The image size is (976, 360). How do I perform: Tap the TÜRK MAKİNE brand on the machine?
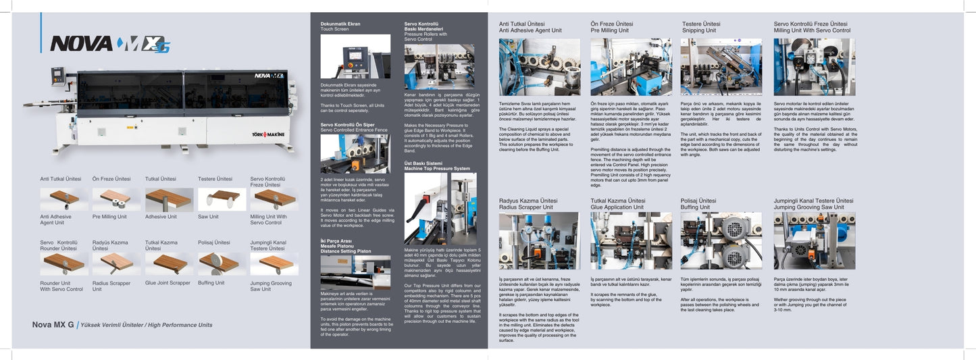269,134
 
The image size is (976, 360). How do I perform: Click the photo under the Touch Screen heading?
355,57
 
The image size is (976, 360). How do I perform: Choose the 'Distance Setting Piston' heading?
345,250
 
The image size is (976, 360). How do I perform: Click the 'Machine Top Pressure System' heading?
437,168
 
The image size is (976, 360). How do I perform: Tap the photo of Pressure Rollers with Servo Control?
439,67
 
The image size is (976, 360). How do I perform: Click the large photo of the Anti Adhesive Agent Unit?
539,66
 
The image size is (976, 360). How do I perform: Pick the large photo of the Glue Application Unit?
631,240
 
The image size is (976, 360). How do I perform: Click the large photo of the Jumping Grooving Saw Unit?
814,240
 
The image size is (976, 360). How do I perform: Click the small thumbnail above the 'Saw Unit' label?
222,199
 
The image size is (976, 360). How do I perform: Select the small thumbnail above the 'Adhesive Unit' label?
169,199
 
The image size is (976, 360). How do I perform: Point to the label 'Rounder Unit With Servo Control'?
61,286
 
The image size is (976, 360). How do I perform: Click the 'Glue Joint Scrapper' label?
168,283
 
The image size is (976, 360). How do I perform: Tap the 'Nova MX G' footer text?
53,325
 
